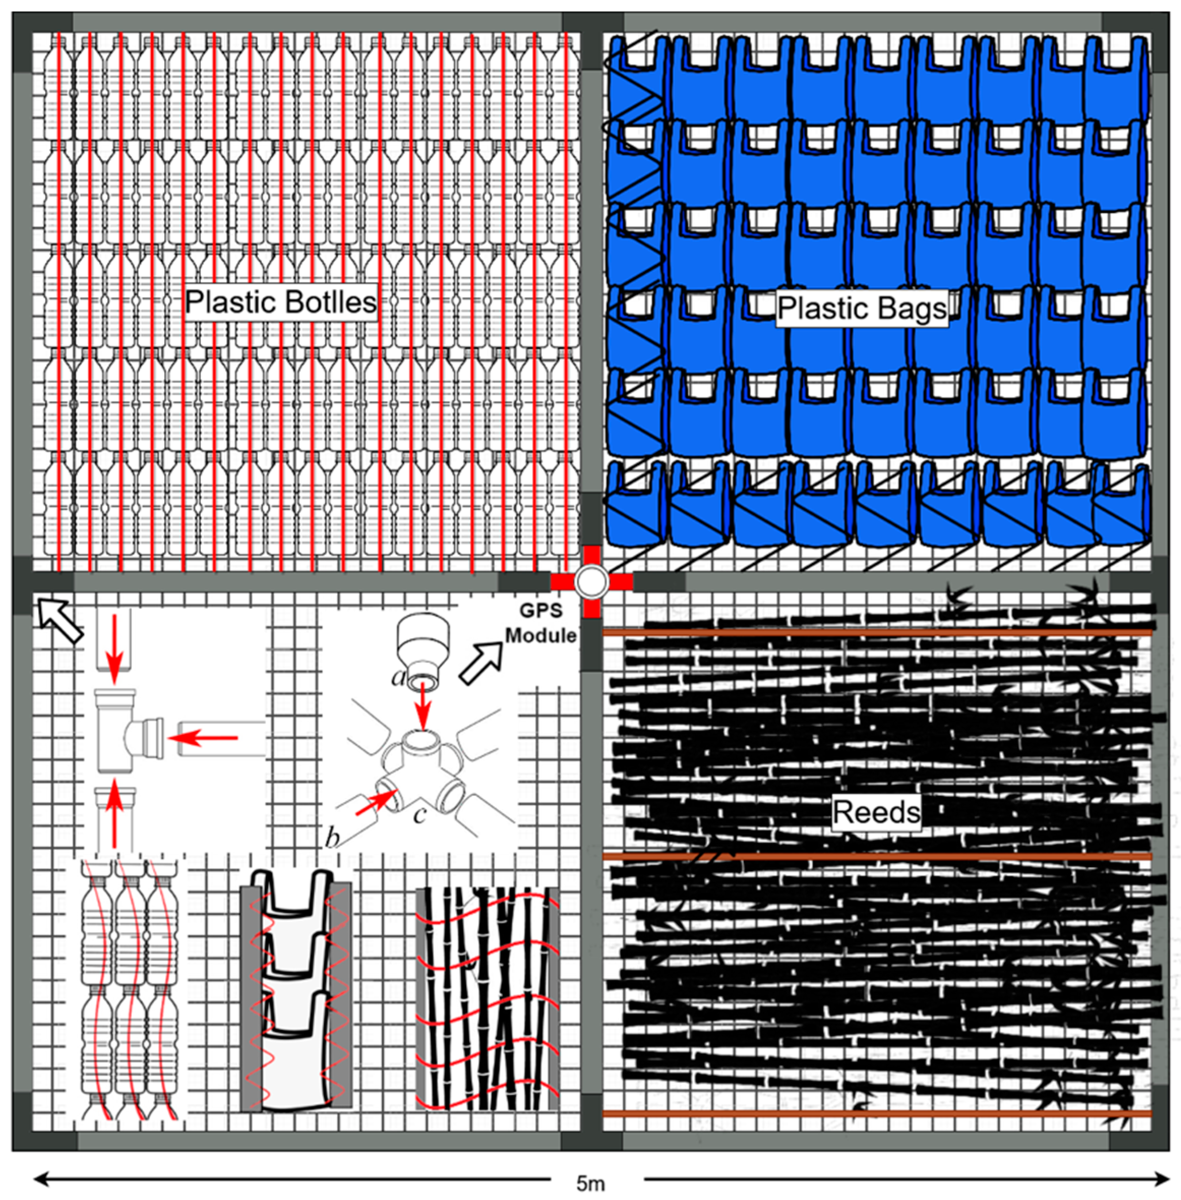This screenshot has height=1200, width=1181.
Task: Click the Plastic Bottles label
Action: click(x=281, y=302)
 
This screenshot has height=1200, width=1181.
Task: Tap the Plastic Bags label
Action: click(x=862, y=308)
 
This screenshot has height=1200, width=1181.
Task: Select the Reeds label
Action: click(x=876, y=812)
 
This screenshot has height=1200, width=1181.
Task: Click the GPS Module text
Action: click(x=541, y=623)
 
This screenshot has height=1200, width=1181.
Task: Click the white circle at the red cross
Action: click(x=591, y=582)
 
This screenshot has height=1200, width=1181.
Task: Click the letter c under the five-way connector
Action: click(x=419, y=814)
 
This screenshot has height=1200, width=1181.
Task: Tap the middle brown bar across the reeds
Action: click(x=876, y=856)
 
